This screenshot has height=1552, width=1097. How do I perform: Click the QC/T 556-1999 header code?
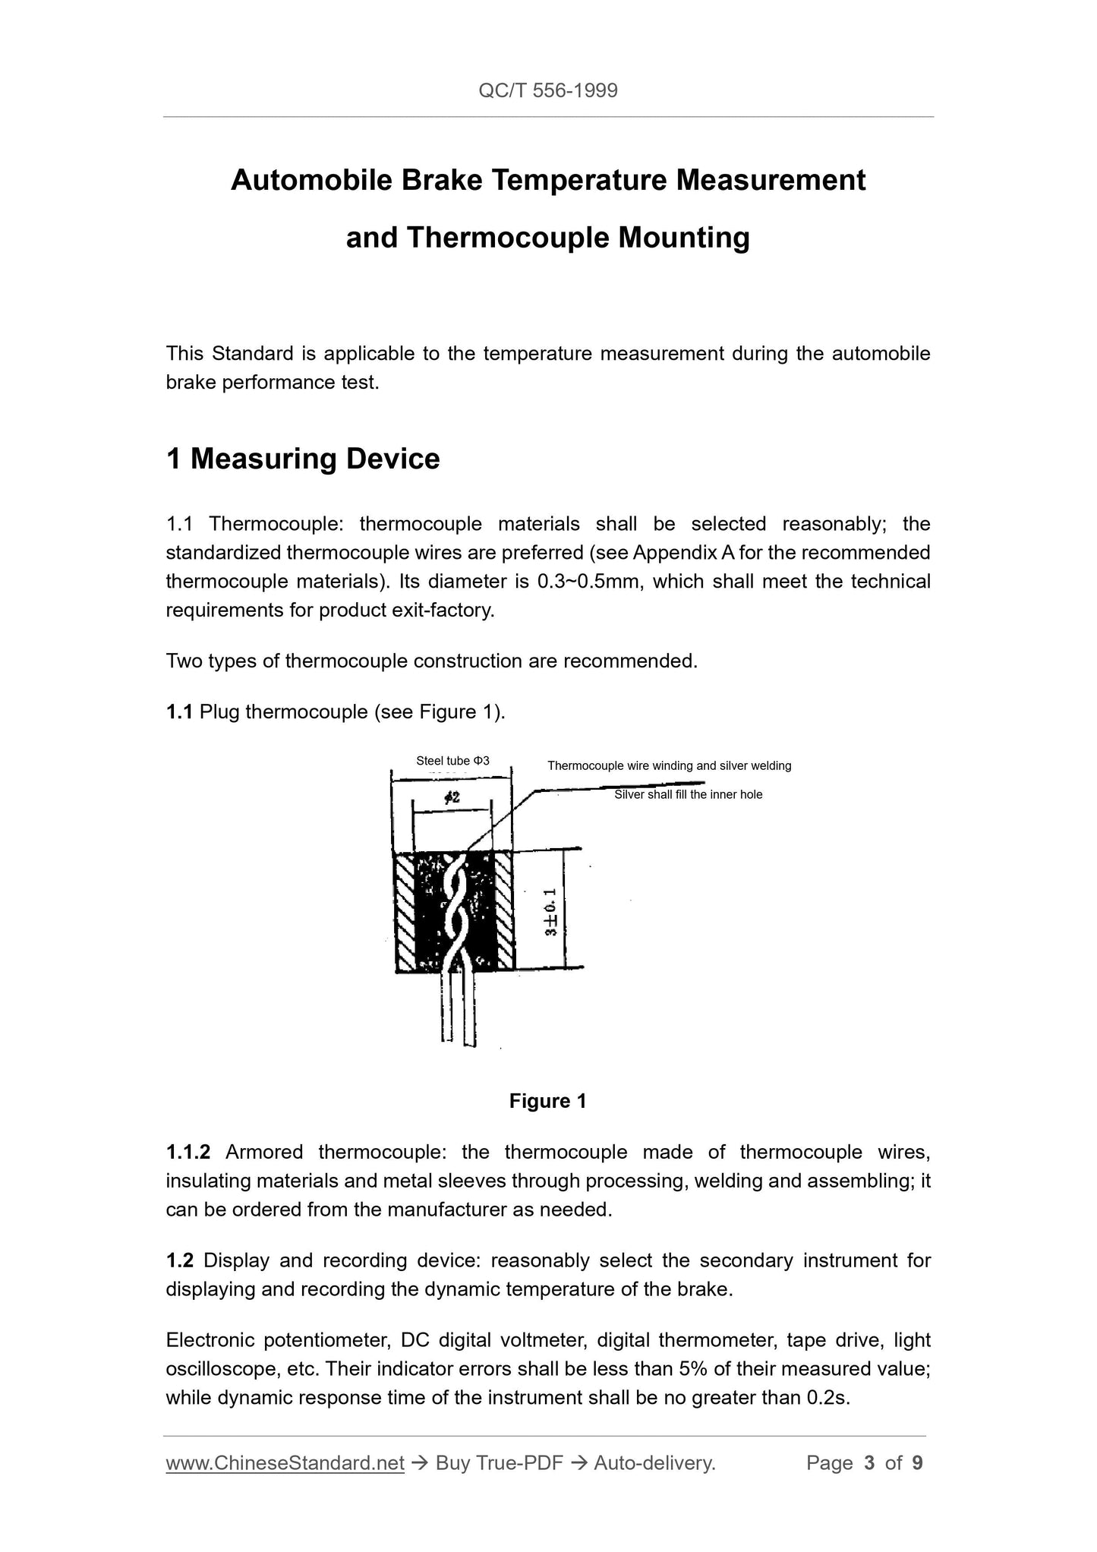(548, 91)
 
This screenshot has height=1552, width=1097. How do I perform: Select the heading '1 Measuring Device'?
(303, 459)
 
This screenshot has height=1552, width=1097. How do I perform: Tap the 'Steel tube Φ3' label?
(452, 760)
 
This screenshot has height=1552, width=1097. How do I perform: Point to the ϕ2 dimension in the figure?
(452, 798)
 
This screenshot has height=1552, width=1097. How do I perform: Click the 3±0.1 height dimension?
(552, 911)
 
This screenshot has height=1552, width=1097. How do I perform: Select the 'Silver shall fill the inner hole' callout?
(688, 794)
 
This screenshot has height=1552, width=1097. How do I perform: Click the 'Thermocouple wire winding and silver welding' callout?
(669, 765)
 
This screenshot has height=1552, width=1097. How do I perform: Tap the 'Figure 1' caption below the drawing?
(547, 1101)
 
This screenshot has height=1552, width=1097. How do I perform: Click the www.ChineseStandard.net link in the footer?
(285, 1463)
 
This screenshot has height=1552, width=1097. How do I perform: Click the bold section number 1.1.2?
(188, 1152)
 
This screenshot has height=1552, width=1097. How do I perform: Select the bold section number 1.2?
(180, 1260)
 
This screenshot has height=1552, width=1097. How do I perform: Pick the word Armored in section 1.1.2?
(263, 1152)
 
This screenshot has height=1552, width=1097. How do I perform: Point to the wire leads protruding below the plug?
(459, 1010)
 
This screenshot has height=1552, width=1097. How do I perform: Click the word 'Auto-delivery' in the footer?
(654, 1463)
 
